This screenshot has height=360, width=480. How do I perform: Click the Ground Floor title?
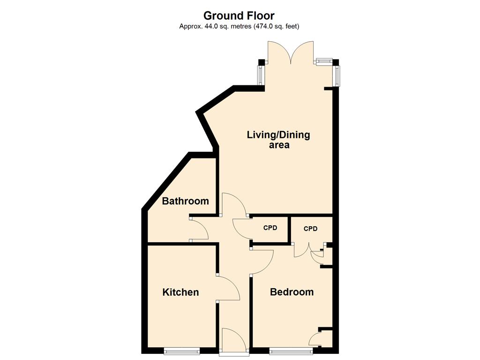tap(239, 15)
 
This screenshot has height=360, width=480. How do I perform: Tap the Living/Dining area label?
tap(278, 140)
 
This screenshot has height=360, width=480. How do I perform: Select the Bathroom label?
tap(186, 201)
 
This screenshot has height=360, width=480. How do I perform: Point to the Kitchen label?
tap(180, 292)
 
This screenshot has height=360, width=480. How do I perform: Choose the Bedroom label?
tap(292, 292)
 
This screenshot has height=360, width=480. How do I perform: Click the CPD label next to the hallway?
tap(270, 228)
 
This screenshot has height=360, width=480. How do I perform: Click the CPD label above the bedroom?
tap(310, 229)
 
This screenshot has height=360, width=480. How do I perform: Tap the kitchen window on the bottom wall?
tap(182, 351)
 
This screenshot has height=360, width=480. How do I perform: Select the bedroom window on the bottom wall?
tap(291, 351)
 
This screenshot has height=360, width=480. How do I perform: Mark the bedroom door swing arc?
tap(262, 262)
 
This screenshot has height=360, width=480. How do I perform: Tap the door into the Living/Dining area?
tap(234, 204)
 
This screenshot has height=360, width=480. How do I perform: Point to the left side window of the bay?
tap(261, 75)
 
